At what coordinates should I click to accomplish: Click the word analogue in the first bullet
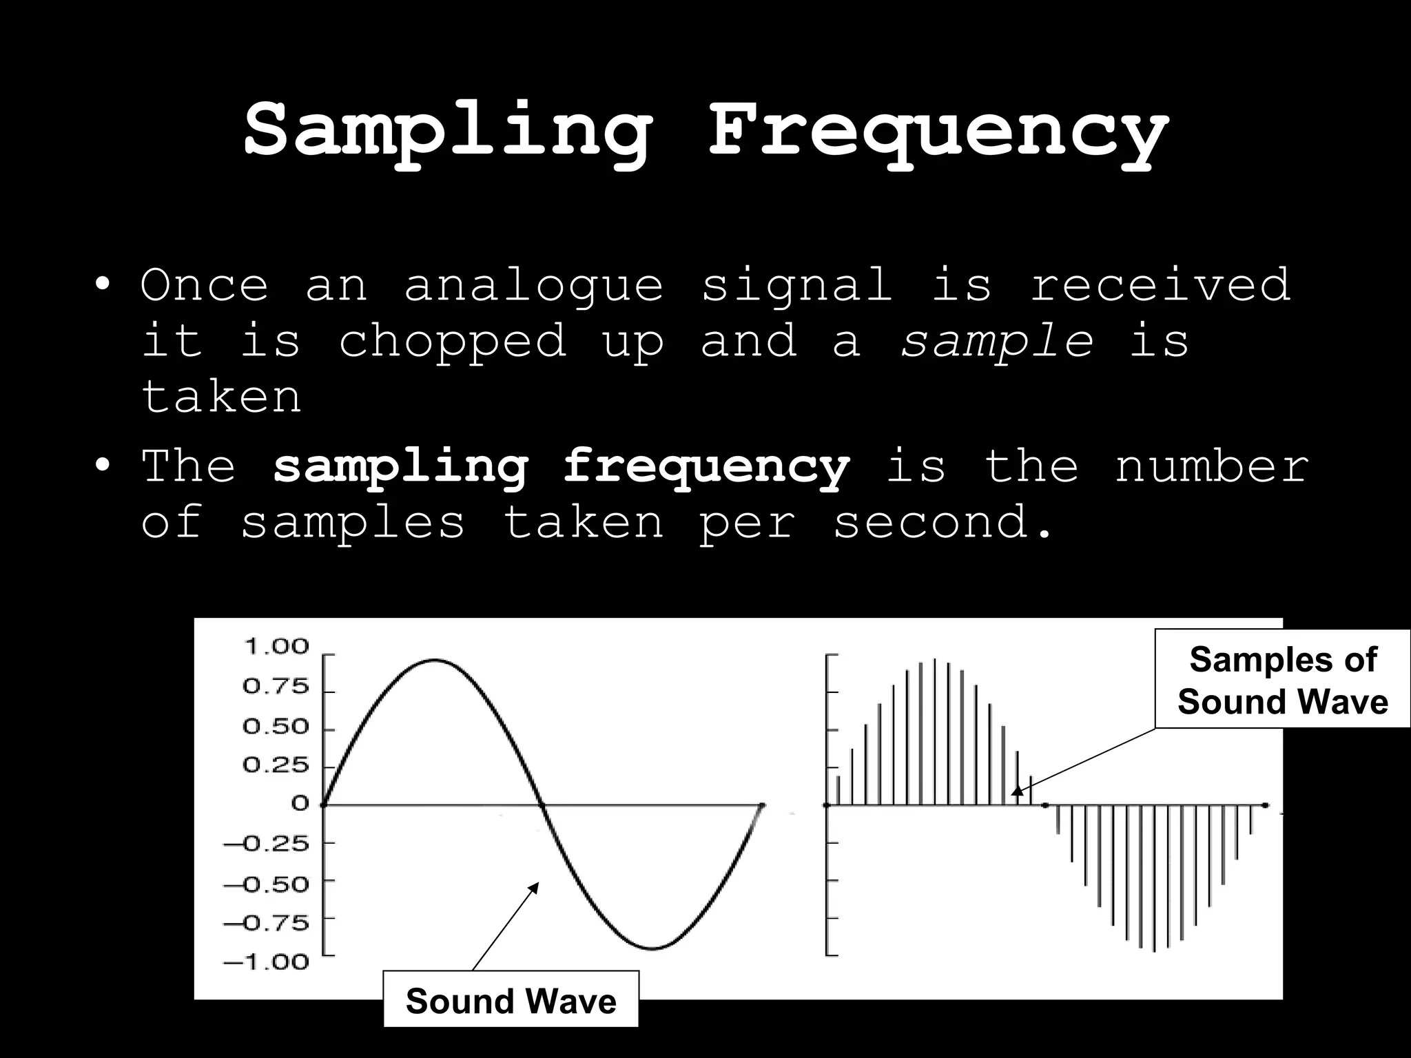(x=533, y=284)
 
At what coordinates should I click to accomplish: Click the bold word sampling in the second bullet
(x=400, y=466)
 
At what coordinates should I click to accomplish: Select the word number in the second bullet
(x=1211, y=466)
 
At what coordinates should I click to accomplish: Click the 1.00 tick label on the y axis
(x=276, y=647)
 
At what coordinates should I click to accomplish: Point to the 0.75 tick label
(x=276, y=687)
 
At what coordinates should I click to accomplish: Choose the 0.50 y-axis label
(x=276, y=727)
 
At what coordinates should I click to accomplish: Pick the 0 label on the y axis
(x=300, y=803)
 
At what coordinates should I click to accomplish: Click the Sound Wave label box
(x=511, y=1001)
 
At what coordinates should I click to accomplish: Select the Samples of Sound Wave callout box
(x=1282, y=680)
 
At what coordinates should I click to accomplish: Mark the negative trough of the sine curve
(x=653, y=948)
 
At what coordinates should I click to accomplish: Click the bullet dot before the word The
(x=102, y=466)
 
